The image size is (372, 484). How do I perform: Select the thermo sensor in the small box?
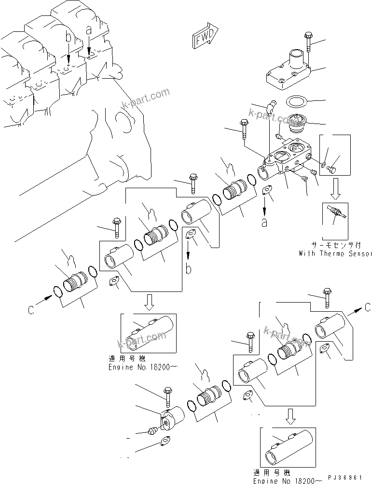[334, 213]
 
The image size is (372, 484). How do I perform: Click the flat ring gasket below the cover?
[296, 102]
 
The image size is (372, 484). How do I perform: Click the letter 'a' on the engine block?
[88, 29]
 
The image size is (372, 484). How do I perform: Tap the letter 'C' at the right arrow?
[368, 307]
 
